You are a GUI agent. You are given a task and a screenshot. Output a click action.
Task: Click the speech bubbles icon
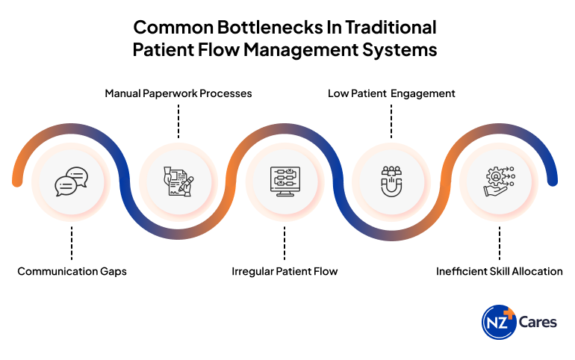point(72,181)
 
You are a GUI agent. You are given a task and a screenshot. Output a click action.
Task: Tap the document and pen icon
point(178,181)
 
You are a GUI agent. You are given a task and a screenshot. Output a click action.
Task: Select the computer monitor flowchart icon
point(285,181)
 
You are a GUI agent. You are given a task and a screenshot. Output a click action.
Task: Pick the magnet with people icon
point(391,181)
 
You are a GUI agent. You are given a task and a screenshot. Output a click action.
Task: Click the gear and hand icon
point(499,181)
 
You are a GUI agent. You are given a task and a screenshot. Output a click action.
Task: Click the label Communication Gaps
point(72,272)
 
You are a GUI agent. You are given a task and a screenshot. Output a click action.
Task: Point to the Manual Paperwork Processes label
point(178,94)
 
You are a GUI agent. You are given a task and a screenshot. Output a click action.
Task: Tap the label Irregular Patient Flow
point(285,272)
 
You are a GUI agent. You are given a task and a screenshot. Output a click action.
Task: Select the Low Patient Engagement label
point(391,94)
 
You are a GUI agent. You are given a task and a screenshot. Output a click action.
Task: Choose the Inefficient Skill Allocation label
point(499,272)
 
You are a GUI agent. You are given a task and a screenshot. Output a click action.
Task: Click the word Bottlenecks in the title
point(270,28)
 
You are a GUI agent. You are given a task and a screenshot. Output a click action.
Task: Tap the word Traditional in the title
point(391,28)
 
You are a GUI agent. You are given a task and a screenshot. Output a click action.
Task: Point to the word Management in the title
point(301,50)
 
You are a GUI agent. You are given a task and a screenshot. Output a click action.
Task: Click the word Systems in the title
point(400,50)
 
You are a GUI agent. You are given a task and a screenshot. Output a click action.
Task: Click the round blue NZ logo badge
point(499,322)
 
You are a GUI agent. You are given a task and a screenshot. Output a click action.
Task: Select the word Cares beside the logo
point(538,322)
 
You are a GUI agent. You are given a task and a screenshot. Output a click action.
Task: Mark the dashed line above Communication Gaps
point(72,243)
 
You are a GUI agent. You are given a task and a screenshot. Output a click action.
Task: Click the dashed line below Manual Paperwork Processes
point(178,121)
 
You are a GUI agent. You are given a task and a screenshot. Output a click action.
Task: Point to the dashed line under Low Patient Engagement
point(391,121)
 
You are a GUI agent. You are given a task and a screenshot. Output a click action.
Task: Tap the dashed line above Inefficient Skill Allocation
point(500,243)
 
